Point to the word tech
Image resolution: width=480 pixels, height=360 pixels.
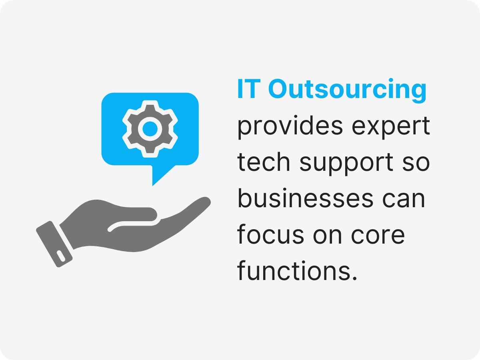pos(264,163)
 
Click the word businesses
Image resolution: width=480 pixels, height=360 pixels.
pos(303,199)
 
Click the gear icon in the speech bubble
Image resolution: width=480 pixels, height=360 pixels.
pos(150,128)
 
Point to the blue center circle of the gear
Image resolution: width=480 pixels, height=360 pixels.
pos(150,128)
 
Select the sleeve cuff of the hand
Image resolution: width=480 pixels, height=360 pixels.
pos(55,243)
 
